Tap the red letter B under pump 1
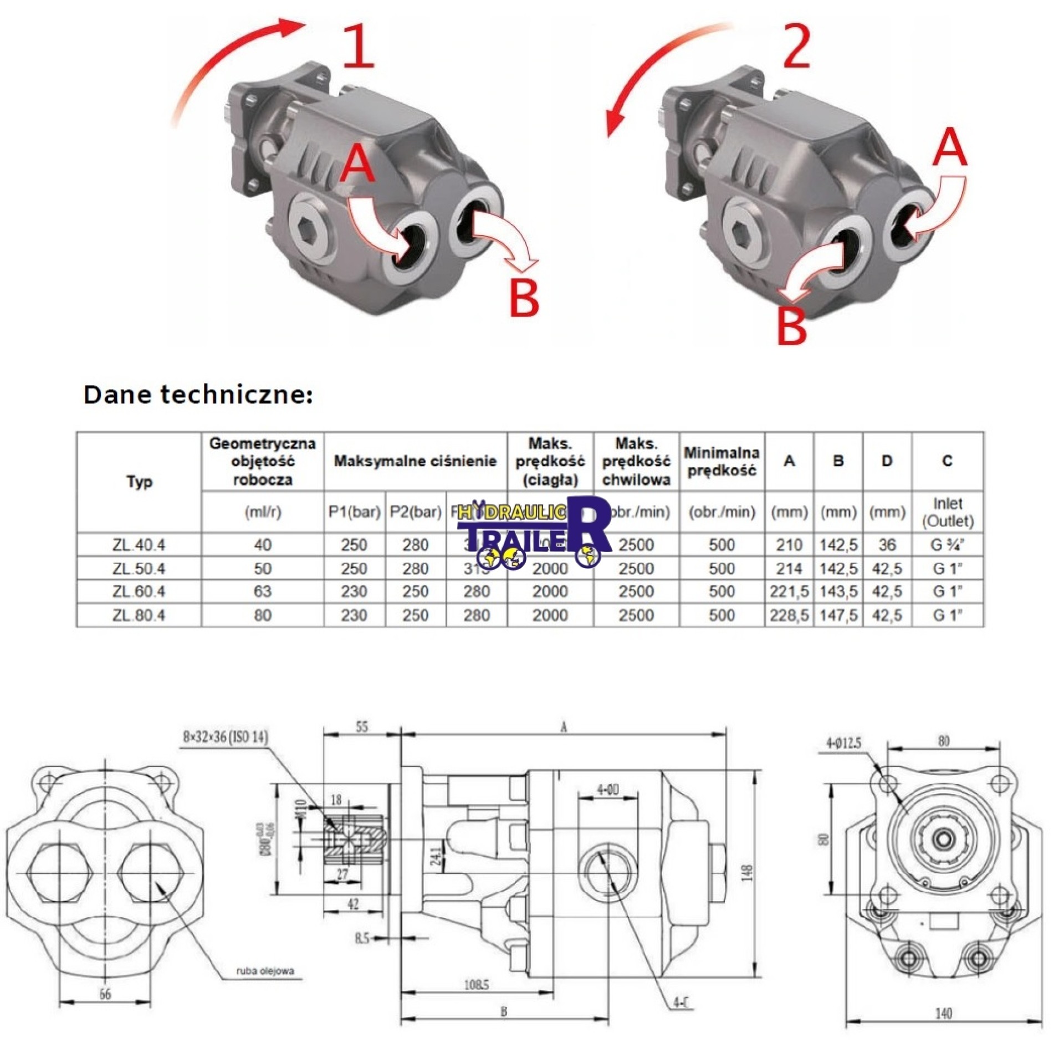(x=523, y=298)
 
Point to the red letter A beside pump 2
(x=949, y=147)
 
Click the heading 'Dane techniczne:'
(x=198, y=395)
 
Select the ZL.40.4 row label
(x=139, y=545)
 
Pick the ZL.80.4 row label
(x=139, y=615)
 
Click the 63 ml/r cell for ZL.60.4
(x=263, y=591)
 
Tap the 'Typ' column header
(x=139, y=482)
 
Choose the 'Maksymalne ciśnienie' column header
(x=415, y=461)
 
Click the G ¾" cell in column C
(x=947, y=545)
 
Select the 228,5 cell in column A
(x=789, y=615)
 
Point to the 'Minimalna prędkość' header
(x=721, y=461)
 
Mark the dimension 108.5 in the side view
(x=476, y=985)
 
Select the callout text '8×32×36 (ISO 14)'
(x=225, y=736)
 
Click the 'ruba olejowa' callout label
(x=265, y=971)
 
